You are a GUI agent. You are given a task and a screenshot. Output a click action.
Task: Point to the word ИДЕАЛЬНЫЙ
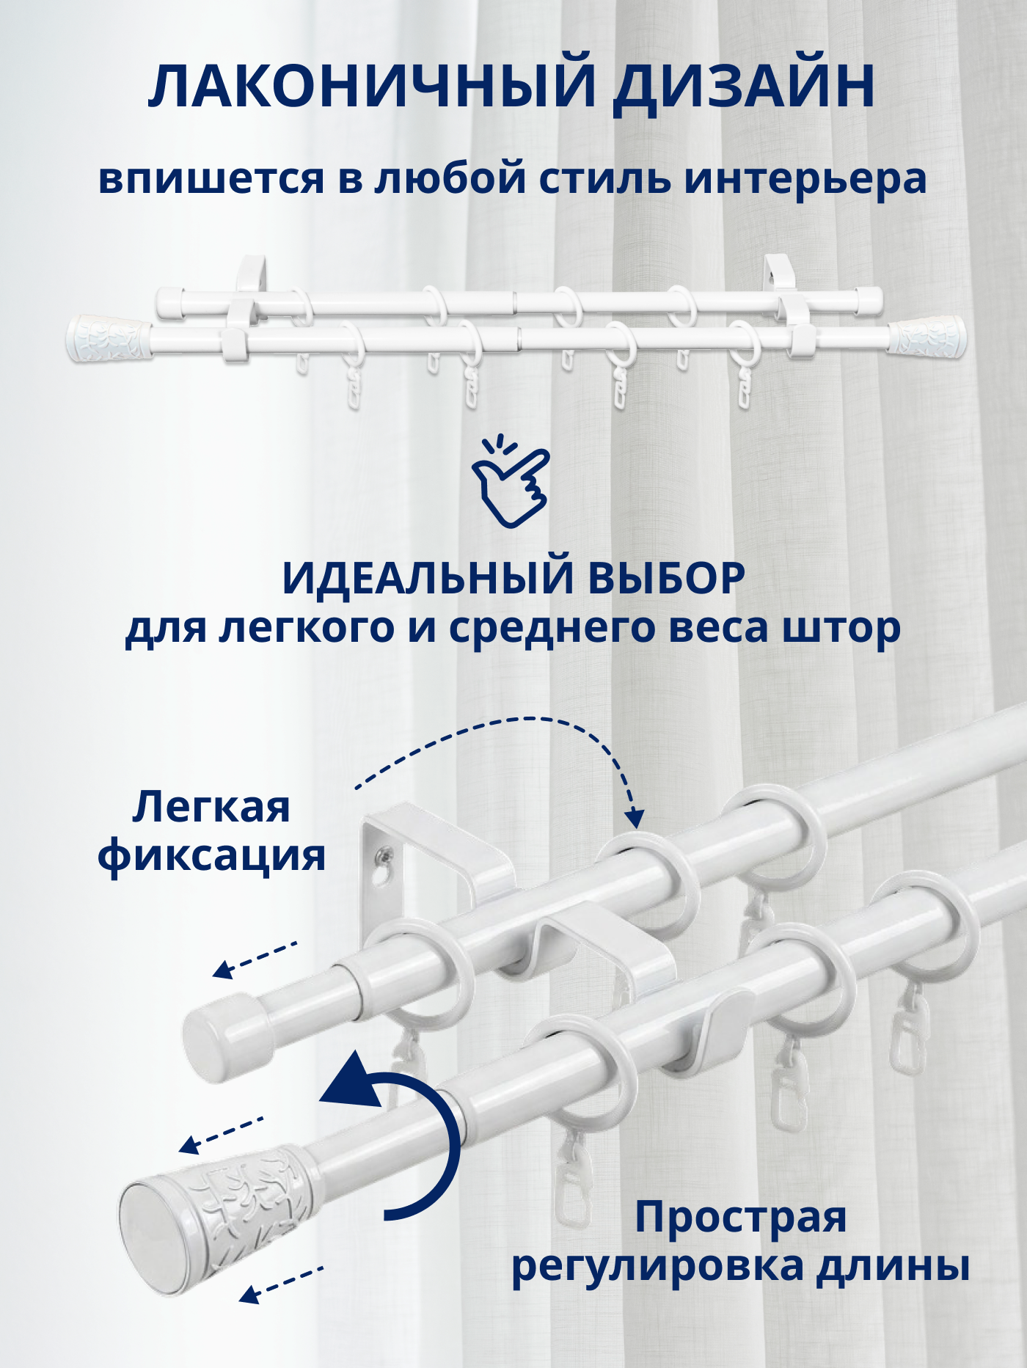coord(428,579)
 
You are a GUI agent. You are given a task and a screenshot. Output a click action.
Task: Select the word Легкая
coord(211,808)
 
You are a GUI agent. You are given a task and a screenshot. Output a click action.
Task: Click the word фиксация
coord(212,856)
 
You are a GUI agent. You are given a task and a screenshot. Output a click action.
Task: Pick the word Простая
coord(741,1218)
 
